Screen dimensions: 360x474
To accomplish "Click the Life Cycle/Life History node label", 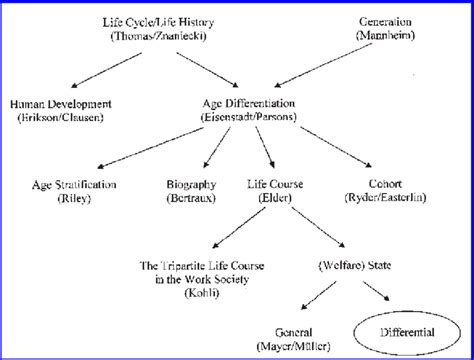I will (158, 21).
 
